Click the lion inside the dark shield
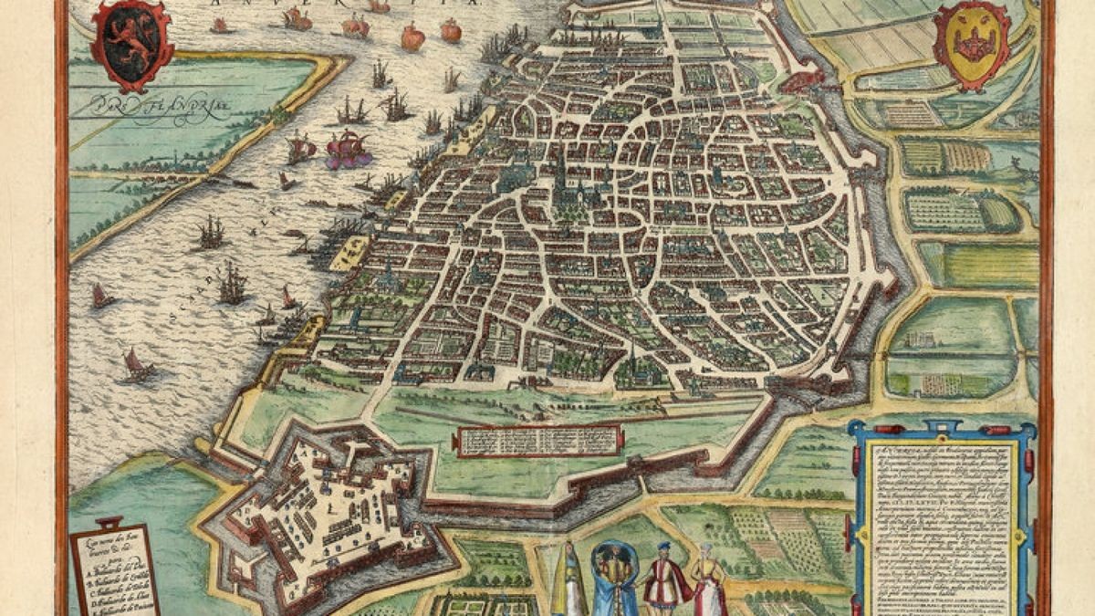[x=131, y=46]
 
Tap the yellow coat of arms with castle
[x=970, y=43]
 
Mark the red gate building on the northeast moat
[x=803, y=82]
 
